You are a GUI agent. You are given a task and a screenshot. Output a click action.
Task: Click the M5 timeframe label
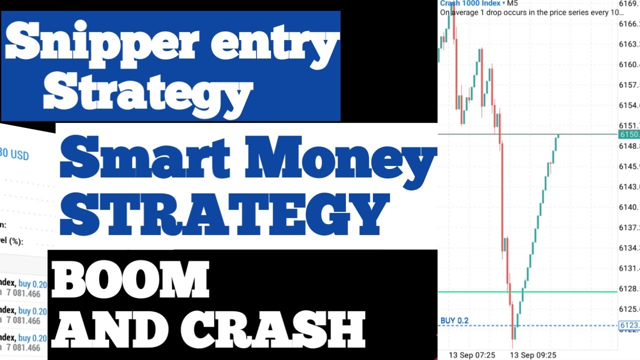512,3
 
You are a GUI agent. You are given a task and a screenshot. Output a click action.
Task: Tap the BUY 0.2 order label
454,320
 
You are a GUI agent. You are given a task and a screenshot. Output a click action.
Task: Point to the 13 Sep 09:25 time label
532,355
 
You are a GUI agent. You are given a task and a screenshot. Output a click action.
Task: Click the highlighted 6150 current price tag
629,134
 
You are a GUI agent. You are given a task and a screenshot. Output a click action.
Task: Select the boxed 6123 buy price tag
629,325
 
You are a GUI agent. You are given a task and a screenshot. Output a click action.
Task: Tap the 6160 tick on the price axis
629,64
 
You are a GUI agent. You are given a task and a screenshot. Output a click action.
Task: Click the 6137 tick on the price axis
629,228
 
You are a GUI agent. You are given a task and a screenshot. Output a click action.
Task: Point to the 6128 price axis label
629,289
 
